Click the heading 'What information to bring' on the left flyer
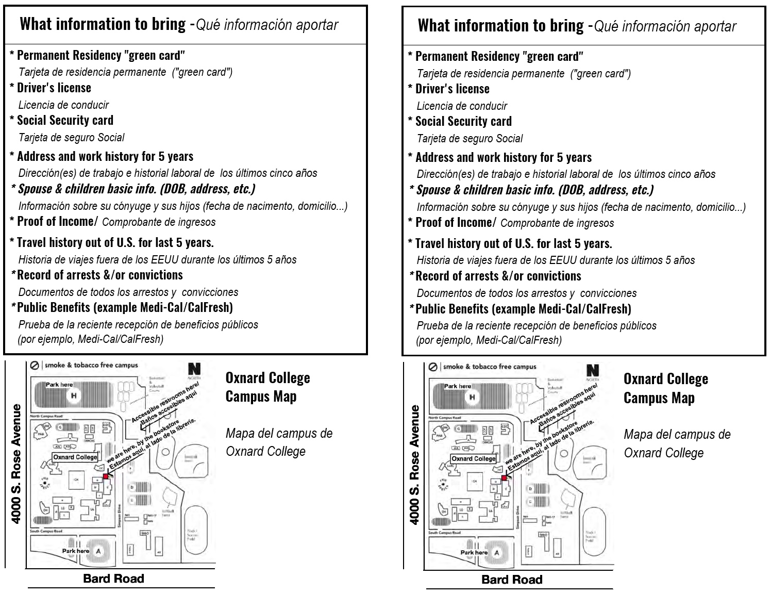coord(103,24)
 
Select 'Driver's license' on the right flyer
coord(452,89)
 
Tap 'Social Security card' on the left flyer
coord(65,121)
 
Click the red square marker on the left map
coord(106,476)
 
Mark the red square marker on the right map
coord(504,478)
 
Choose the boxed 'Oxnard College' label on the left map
coord(75,457)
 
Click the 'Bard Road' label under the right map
coord(511,580)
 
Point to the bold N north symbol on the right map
coord(593,370)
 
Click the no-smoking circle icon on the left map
coord(35,366)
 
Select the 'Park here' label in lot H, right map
coord(458,386)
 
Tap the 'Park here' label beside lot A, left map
coord(75,551)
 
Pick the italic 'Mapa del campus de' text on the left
coord(279,433)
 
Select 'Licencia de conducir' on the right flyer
coord(462,106)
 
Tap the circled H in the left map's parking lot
coord(74,395)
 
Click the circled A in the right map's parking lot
coord(497,553)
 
